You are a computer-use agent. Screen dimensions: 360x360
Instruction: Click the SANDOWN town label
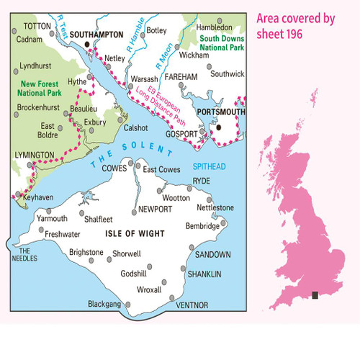point(213,255)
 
